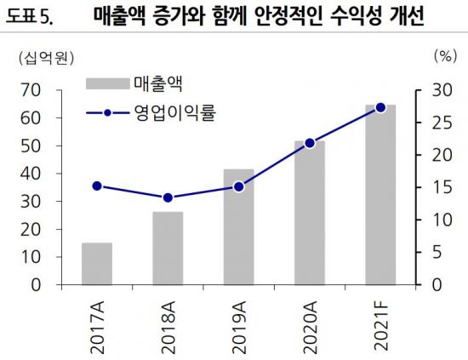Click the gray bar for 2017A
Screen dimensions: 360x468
coord(97,263)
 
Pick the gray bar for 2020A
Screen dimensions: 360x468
coord(310,212)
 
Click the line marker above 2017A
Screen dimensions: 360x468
coord(97,186)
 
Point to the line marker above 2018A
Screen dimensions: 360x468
coord(168,198)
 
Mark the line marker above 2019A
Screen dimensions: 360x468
coord(238,186)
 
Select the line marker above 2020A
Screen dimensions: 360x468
coord(310,143)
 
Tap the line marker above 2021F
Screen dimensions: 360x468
coord(380,107)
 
